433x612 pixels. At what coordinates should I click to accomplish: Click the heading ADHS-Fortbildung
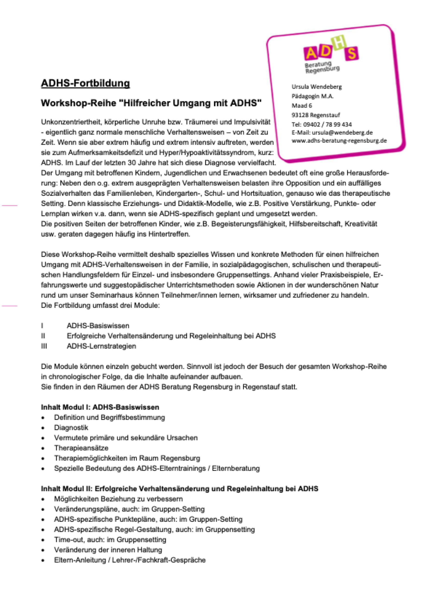tap(85, 83)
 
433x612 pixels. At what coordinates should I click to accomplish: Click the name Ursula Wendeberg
tap(317, 87)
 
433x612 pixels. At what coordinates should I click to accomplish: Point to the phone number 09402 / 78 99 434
tap(327, 125)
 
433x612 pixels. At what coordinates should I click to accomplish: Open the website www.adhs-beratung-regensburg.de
tap(339, 141)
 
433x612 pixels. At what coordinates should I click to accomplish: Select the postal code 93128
tap(300, 115)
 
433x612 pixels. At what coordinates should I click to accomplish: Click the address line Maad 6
tap(301, 106)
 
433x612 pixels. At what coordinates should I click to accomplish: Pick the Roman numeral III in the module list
tap(44, 346)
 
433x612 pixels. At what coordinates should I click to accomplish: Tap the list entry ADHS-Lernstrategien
tap(101, 346)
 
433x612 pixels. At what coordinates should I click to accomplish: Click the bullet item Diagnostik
tap(71, 428)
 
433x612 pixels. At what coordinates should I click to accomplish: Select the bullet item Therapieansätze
tap(81, 448)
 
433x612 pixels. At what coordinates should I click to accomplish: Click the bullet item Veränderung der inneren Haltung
tap(108, 550)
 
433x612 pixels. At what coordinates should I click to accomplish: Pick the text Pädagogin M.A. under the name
tap(313, 96)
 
